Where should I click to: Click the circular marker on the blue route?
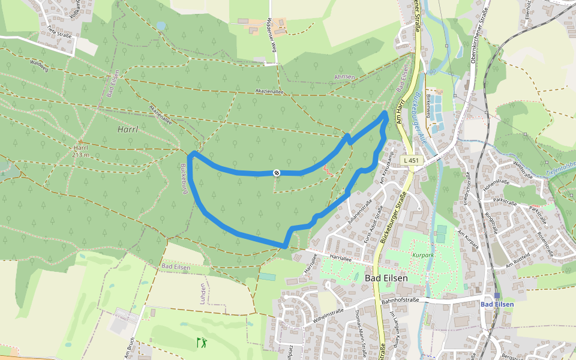pos(277,173)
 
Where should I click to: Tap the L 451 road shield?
pos(411,161)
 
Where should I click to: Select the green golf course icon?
pos(202,343)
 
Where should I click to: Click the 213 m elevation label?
pos(80,155)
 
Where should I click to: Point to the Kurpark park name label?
pos(422,255)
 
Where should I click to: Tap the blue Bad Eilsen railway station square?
pos(497,295)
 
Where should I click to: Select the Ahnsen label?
pos(344,77)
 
